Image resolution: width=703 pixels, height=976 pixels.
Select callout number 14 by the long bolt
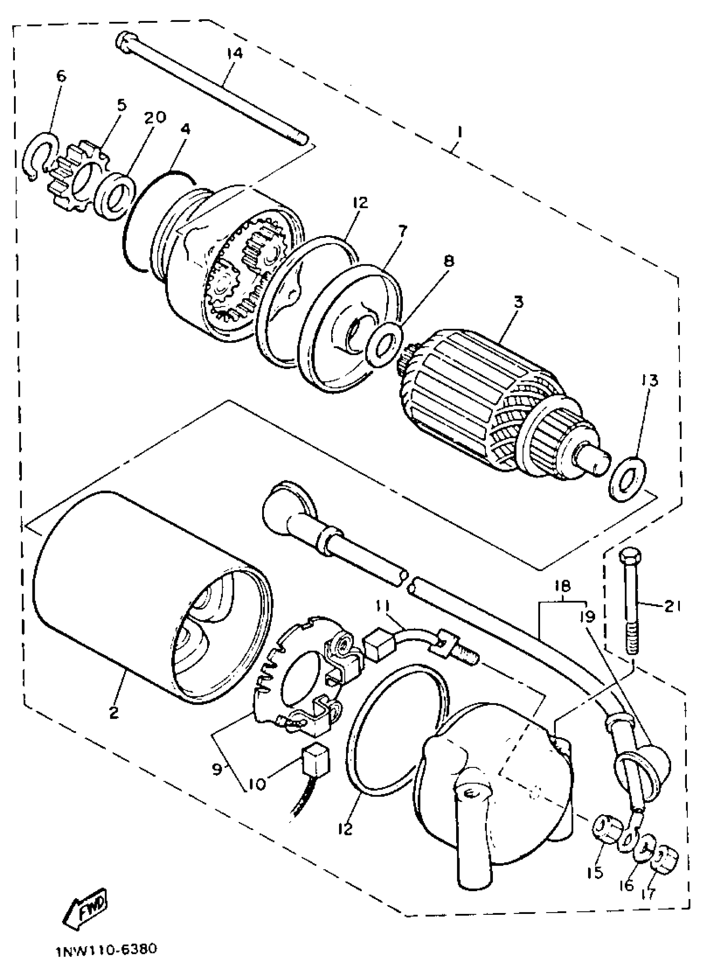click(235, 53)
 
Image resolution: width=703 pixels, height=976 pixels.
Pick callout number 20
click(155, 117)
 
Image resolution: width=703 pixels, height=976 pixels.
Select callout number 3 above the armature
click(519, 302)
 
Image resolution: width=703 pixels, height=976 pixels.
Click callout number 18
click(563, 586)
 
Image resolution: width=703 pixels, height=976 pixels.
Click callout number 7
click(402, 232)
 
